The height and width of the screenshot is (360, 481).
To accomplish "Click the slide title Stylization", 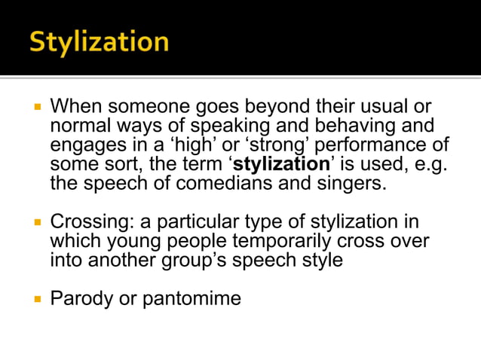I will tap(99, 41).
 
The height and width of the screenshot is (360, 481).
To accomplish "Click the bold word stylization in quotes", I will tap(282, 163).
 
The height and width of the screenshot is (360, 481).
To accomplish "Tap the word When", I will tap(79, 105).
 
